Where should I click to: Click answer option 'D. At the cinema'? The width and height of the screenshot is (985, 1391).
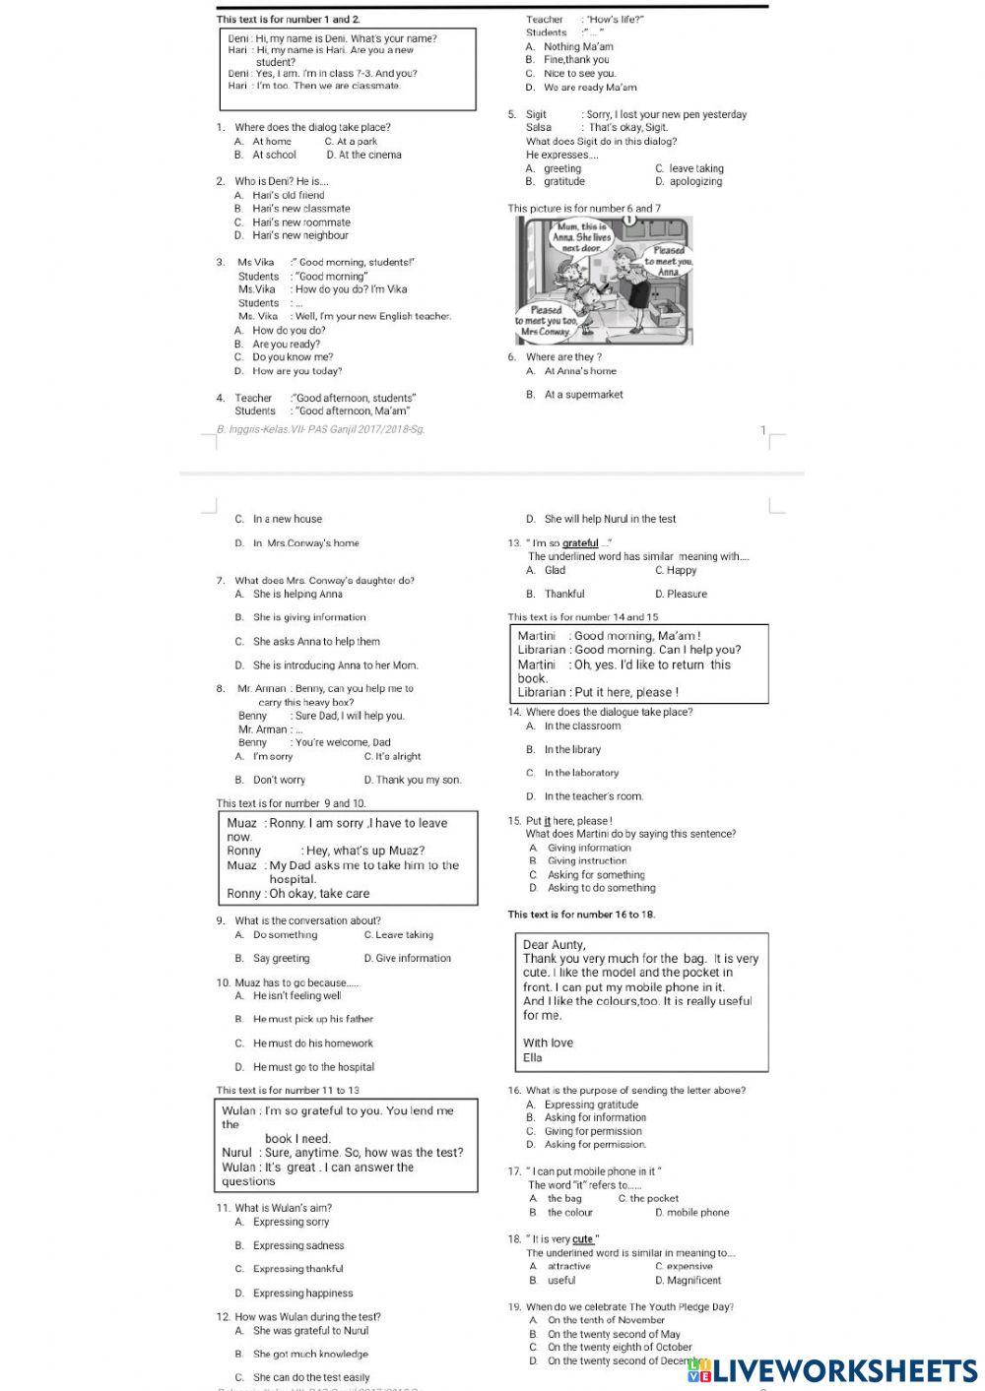point(363,155)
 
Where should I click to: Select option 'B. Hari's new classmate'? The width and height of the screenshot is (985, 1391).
point(293,209)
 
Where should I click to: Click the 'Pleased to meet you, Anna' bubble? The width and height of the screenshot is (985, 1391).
point(670,261)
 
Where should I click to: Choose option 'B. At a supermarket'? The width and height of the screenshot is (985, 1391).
point(575,395)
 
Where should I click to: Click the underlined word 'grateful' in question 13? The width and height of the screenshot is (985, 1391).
point(580,543)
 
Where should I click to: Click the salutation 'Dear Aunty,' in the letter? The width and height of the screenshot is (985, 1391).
point(554,945)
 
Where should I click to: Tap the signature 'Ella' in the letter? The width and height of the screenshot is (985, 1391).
point(533,1058)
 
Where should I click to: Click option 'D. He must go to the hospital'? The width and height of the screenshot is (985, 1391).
point(305,1067)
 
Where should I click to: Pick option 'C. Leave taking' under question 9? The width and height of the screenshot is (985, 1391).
point(398,935)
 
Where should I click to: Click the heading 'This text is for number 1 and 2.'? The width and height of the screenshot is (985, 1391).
point(289,20)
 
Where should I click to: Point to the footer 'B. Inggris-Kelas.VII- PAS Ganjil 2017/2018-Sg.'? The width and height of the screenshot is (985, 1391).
point(320,429)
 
